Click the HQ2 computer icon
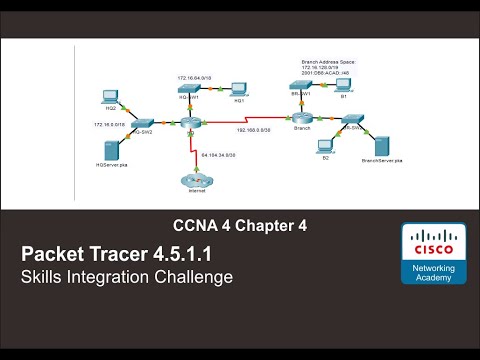point(112,97)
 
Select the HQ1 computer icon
point(239,90)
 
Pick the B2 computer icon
point(326,148)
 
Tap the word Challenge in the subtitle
point(191,276)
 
